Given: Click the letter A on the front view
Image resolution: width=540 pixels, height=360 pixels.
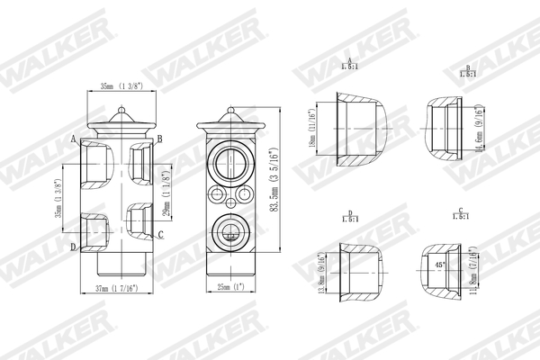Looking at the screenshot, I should [72, 138].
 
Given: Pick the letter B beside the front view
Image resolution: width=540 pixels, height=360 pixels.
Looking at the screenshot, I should [159, 138].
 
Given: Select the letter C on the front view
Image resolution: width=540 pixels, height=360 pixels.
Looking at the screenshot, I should [159, 235].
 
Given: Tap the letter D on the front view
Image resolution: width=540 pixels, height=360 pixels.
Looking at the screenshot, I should [72, 246].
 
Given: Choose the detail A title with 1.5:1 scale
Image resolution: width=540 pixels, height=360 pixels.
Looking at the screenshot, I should [348, 63].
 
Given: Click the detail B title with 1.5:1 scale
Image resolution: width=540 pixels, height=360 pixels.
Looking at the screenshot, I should [467, 71].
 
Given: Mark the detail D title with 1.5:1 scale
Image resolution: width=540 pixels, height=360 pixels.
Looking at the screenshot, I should [348, 217].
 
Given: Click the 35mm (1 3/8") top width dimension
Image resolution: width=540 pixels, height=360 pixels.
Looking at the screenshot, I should [120, 85].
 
